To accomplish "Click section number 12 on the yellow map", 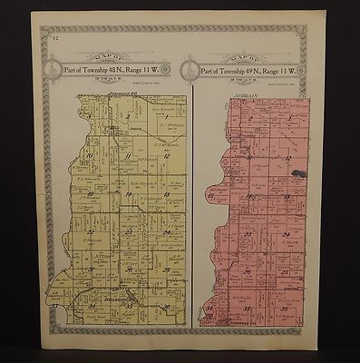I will (167, 157).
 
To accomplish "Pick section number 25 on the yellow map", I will (166, 270).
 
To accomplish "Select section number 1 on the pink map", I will (290, 118).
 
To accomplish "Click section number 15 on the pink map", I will (211, 195).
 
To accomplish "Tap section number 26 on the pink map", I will (248, 271).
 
